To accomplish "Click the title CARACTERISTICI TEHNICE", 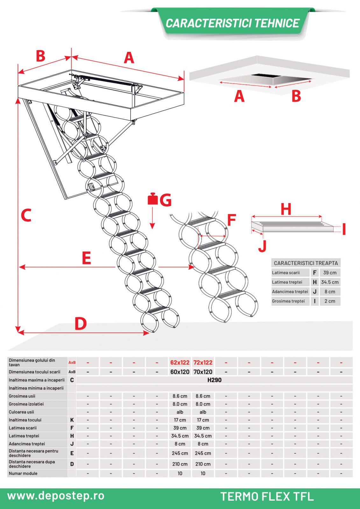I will pyautogui.click(x=232, y=23).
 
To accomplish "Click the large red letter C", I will pyautogui.click(x=26, y=215).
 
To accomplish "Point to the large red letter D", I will pyautogui.click(x=81, y=324).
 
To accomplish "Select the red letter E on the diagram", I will pyautogui.click(x=86, y=258).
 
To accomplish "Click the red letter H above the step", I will pyautogui.click(x=286, y=209).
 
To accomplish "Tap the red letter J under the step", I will pyautogui.click(x=262, y=246).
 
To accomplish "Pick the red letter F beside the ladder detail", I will pyautogui.click(x=231, y=220).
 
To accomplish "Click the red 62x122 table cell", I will pyautogui.click(x=180, y=363).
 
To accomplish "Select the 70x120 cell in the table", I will pyautogui.click(x=203, y=372).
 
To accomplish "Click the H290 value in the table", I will pyautogui.click(x=214, y=380).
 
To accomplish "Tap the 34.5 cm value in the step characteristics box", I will pyautogui.click(x=330, y=282).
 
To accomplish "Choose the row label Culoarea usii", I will pyautogui.click(x=21, y=412).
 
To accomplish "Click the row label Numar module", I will pyautogui.click(x=23, y=473).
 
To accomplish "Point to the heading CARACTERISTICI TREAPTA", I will pyautogui.click(x=306, y=263).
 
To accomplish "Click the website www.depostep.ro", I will pyautogui.click(x=56, y=496).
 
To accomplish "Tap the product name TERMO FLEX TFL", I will pyautogui.click(x=267, y=496).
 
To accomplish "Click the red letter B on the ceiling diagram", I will pyautogui.click(x=296, y=96).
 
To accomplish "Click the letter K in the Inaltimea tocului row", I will pyautogui.click(x=72, y=420).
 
